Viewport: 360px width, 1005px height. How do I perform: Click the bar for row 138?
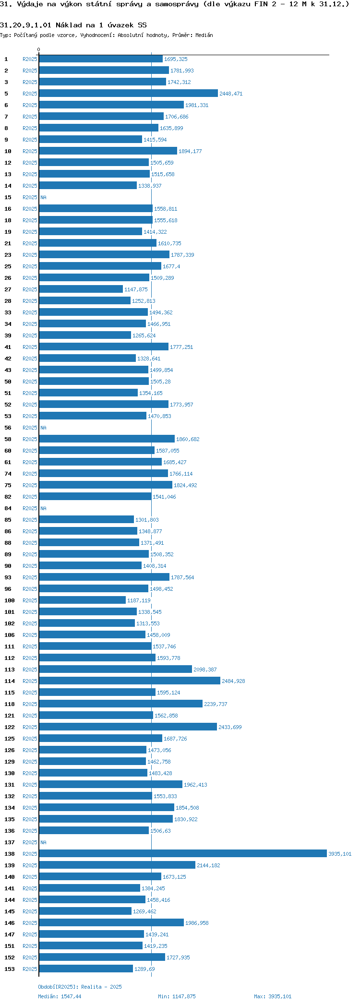(182, 853)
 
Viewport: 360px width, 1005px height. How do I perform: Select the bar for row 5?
(128, 93)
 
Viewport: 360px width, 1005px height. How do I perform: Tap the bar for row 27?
(81, 289)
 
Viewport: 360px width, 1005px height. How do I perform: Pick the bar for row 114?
(130, 681)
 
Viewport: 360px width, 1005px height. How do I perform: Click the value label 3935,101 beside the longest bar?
(339, 854)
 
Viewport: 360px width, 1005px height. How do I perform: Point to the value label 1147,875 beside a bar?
(136, 289)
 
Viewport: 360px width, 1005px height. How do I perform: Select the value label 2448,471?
(231, 94)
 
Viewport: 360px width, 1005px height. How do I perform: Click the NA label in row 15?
(43, 197)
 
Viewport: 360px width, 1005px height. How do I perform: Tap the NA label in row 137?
(43, 842)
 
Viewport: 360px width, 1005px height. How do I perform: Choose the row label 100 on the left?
(10, 600)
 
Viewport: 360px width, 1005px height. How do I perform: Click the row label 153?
(10, 969)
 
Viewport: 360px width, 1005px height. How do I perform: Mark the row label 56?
(8, 428)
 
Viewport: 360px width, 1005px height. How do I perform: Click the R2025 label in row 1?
(30, 59)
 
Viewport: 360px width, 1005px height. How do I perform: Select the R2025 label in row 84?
(30, 508)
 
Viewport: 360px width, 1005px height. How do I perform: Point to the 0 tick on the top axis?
(39, 49)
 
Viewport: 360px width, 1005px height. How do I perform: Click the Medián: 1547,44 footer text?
(60, 996)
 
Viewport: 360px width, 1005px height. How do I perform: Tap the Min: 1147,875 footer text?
(177, 996)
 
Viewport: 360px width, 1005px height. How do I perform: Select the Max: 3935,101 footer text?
(272, 996)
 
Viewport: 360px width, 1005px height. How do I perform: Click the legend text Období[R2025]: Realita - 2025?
(80, 987)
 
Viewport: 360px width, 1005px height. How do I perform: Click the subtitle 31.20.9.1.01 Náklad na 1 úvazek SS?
(73, 25)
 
